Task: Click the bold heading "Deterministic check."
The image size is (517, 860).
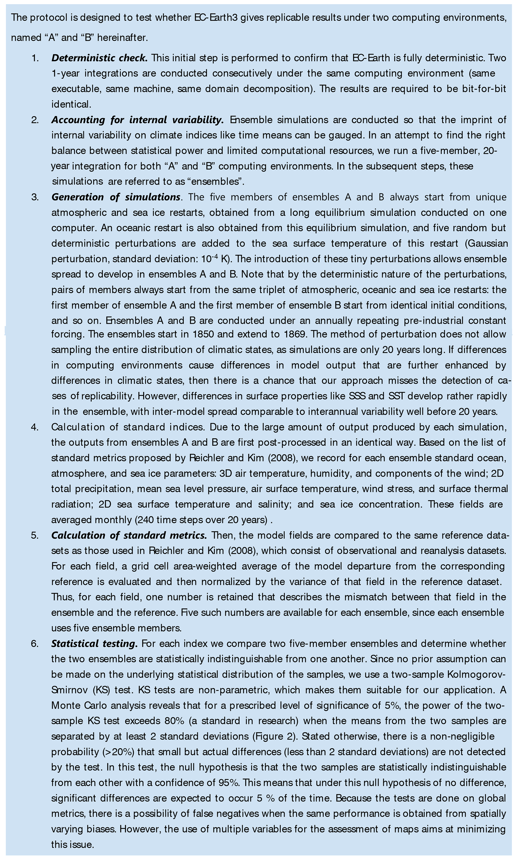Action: pyautogui.click(x=99, y=58)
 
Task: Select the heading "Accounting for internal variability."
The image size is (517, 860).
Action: pyautogui.click(x=137, y=120)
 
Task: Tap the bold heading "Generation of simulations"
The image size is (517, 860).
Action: pyautogui.click(x=116, y=197)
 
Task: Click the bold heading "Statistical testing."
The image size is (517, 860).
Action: pyautogui.click(x=94, y=643)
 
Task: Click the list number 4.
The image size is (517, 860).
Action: pyautogui.click(x=35, y=427)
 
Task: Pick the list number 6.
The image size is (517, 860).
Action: pyautogui.click(x=35, y=643)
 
